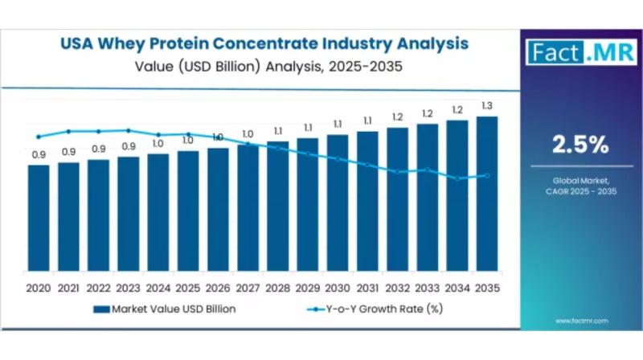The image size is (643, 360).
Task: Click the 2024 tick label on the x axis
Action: coord(158,288)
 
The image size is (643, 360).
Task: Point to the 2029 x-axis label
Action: coord(307,288)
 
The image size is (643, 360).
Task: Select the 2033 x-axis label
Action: coord(427,288)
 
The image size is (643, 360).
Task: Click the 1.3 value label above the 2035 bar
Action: coord(487,106)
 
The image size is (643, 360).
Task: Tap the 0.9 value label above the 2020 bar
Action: coord(39,154)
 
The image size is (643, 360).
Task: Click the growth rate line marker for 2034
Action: coord(457,178)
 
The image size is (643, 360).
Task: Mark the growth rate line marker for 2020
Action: coord(39,137)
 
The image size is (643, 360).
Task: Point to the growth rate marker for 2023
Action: coord(128,130)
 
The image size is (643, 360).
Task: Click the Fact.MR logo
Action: coord(572,53)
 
